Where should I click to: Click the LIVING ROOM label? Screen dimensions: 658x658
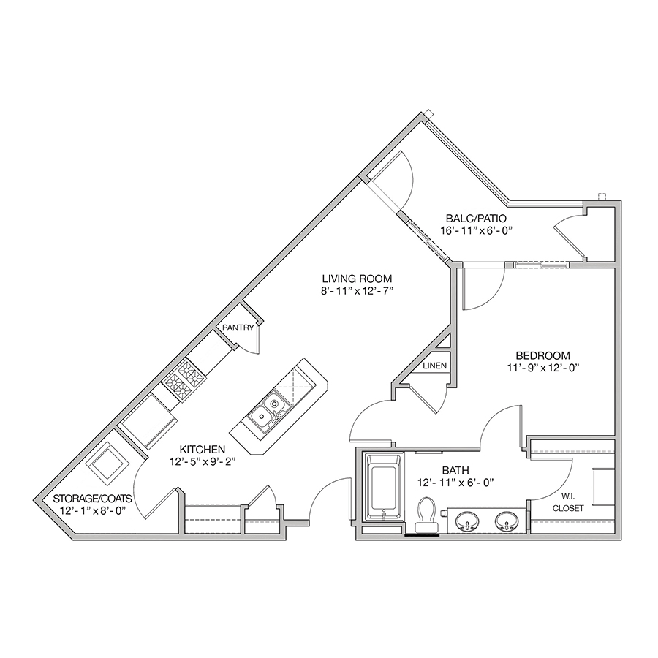(357, 279)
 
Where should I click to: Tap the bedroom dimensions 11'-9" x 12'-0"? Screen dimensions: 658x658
(543, 368)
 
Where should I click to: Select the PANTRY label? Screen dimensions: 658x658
(238, 328)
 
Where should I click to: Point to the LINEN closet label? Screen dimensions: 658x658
(435, 366)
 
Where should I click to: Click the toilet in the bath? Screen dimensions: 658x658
(426, 515)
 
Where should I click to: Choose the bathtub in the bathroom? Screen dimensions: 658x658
(382, 488)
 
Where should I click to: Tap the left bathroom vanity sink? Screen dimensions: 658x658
(466, 521)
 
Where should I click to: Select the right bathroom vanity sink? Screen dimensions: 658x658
(506, 521)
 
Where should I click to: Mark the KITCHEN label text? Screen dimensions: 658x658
(203, 449)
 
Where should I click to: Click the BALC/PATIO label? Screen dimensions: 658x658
(476, 218)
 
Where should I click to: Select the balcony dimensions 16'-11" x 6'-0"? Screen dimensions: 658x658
(477, 230)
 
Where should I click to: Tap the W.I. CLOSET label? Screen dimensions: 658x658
(568, 502)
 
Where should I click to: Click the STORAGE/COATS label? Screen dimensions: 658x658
(92, 499)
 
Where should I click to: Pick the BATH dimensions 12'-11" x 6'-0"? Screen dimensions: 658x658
(455, 483)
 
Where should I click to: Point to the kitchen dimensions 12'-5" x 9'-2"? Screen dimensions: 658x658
(203, 461)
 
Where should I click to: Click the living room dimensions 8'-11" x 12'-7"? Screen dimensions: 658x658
(357, 290)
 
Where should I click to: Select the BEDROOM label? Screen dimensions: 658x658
(543, 356)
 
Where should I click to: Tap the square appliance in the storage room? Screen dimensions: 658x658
(107, 463)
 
